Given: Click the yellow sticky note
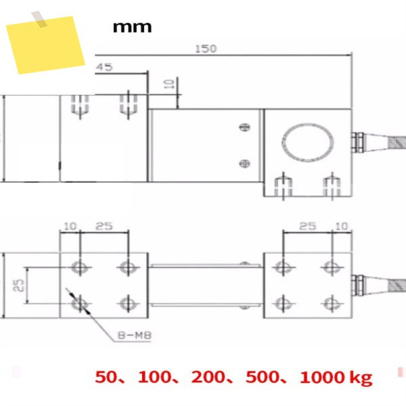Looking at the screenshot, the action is click(46, 45).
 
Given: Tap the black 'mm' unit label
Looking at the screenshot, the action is click(132, 27).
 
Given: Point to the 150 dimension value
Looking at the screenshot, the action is click(206, 49).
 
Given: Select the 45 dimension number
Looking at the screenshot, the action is click(105, 67).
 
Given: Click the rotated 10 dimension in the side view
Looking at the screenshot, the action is click(170, 84).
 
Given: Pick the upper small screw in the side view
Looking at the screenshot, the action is click(244, 127).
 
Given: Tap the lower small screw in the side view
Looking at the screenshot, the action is click(244, 164).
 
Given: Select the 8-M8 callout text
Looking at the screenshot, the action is click(135, 336).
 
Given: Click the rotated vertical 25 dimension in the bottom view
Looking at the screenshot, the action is click(19, 286).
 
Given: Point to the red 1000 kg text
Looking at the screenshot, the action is click(336, 378).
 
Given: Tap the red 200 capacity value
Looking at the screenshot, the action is click(208, 377).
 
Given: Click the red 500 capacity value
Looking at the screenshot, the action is click(263, 377).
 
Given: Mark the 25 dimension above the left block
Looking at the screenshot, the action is click(104, 226).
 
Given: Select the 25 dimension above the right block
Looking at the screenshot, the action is click(308, 226).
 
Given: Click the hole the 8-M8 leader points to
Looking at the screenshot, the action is click(80, 304).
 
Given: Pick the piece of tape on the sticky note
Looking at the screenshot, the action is click(39, 19).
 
